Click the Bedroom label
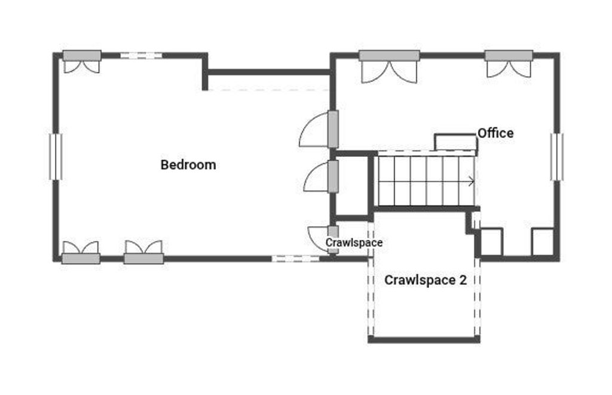[x=188, y=165]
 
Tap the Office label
[x=495, y=133]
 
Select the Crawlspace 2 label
[x=426, y=280]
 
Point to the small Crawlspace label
[x=354, y=242]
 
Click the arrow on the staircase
[x=471, y=181]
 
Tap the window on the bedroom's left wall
[x=56, y=157]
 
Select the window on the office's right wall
[x=557, y=157]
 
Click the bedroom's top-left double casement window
[x=82, y=61]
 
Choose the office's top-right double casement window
[x=509, y=63]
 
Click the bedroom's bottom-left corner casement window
[x=81, y=253]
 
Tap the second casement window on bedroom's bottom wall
[x=143, y=253]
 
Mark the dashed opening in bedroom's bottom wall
[x=295, y=259]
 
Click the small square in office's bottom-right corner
[x=543, y=242]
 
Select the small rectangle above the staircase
[x=456, y=142]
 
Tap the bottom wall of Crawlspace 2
[x=424, y=340]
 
